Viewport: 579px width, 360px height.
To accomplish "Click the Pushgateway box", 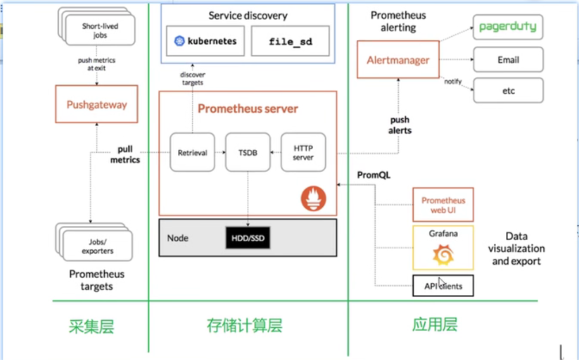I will pos(96,104).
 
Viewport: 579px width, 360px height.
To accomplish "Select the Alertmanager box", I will pos(398,60).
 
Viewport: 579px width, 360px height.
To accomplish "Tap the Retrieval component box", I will pos(192,153).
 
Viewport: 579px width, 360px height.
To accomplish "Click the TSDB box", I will pos(247,153).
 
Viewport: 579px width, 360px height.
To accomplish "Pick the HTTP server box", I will pos(303,153).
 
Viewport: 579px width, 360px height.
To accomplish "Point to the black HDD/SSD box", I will pos(247,238).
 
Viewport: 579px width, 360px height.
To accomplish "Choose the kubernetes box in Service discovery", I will pos(205,41).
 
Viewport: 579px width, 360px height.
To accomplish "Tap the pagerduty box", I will pos(508,27).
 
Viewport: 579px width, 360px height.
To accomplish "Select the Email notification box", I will pos(508,60).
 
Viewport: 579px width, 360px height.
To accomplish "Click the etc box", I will pos(508,90).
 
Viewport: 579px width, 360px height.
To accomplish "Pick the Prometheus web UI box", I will pos(443,204).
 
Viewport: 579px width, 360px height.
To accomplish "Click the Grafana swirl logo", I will pos(443,255).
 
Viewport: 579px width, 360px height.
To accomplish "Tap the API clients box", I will pos(443,286).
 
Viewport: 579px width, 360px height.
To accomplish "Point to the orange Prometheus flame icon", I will pos(313,199).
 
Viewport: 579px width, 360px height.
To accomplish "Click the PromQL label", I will pos(374,175).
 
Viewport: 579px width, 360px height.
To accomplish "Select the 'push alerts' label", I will pos(400,125).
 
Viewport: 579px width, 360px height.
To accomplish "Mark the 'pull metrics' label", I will pos(125,154).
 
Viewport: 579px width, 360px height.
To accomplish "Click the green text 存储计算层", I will pos(245,326).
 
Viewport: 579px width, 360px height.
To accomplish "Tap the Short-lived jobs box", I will pos(100,30).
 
